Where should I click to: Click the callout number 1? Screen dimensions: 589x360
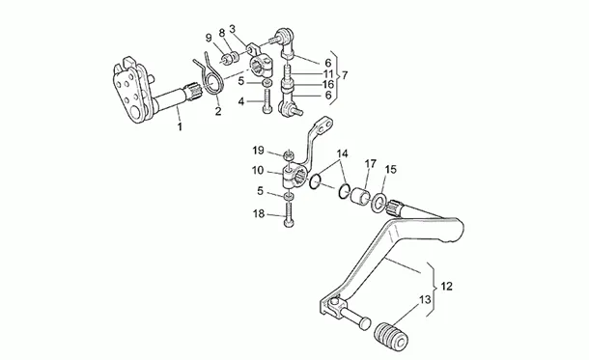[180, 126]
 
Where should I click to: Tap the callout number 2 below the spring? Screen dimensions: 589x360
[218, 111]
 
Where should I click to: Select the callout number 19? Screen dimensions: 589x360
[258, 151]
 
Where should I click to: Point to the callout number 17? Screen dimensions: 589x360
[371, 164]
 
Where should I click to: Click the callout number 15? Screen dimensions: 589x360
[391, 170]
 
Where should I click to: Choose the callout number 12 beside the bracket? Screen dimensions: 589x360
[446, 287]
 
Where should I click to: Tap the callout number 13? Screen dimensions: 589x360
[425, 300]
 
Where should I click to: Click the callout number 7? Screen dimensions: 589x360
[345, 75]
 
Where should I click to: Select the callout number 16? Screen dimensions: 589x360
[328, 85]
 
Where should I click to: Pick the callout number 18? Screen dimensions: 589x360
[259, 214]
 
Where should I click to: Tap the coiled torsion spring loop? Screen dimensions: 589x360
[213, 83]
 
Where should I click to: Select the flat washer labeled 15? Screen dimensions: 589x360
[379, 202]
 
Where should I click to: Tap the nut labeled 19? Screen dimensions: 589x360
[288, 153]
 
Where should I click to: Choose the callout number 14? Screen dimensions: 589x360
[342, 153]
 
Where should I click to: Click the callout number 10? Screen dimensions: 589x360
[258, 171]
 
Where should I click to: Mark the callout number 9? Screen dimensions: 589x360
[209, 38]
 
